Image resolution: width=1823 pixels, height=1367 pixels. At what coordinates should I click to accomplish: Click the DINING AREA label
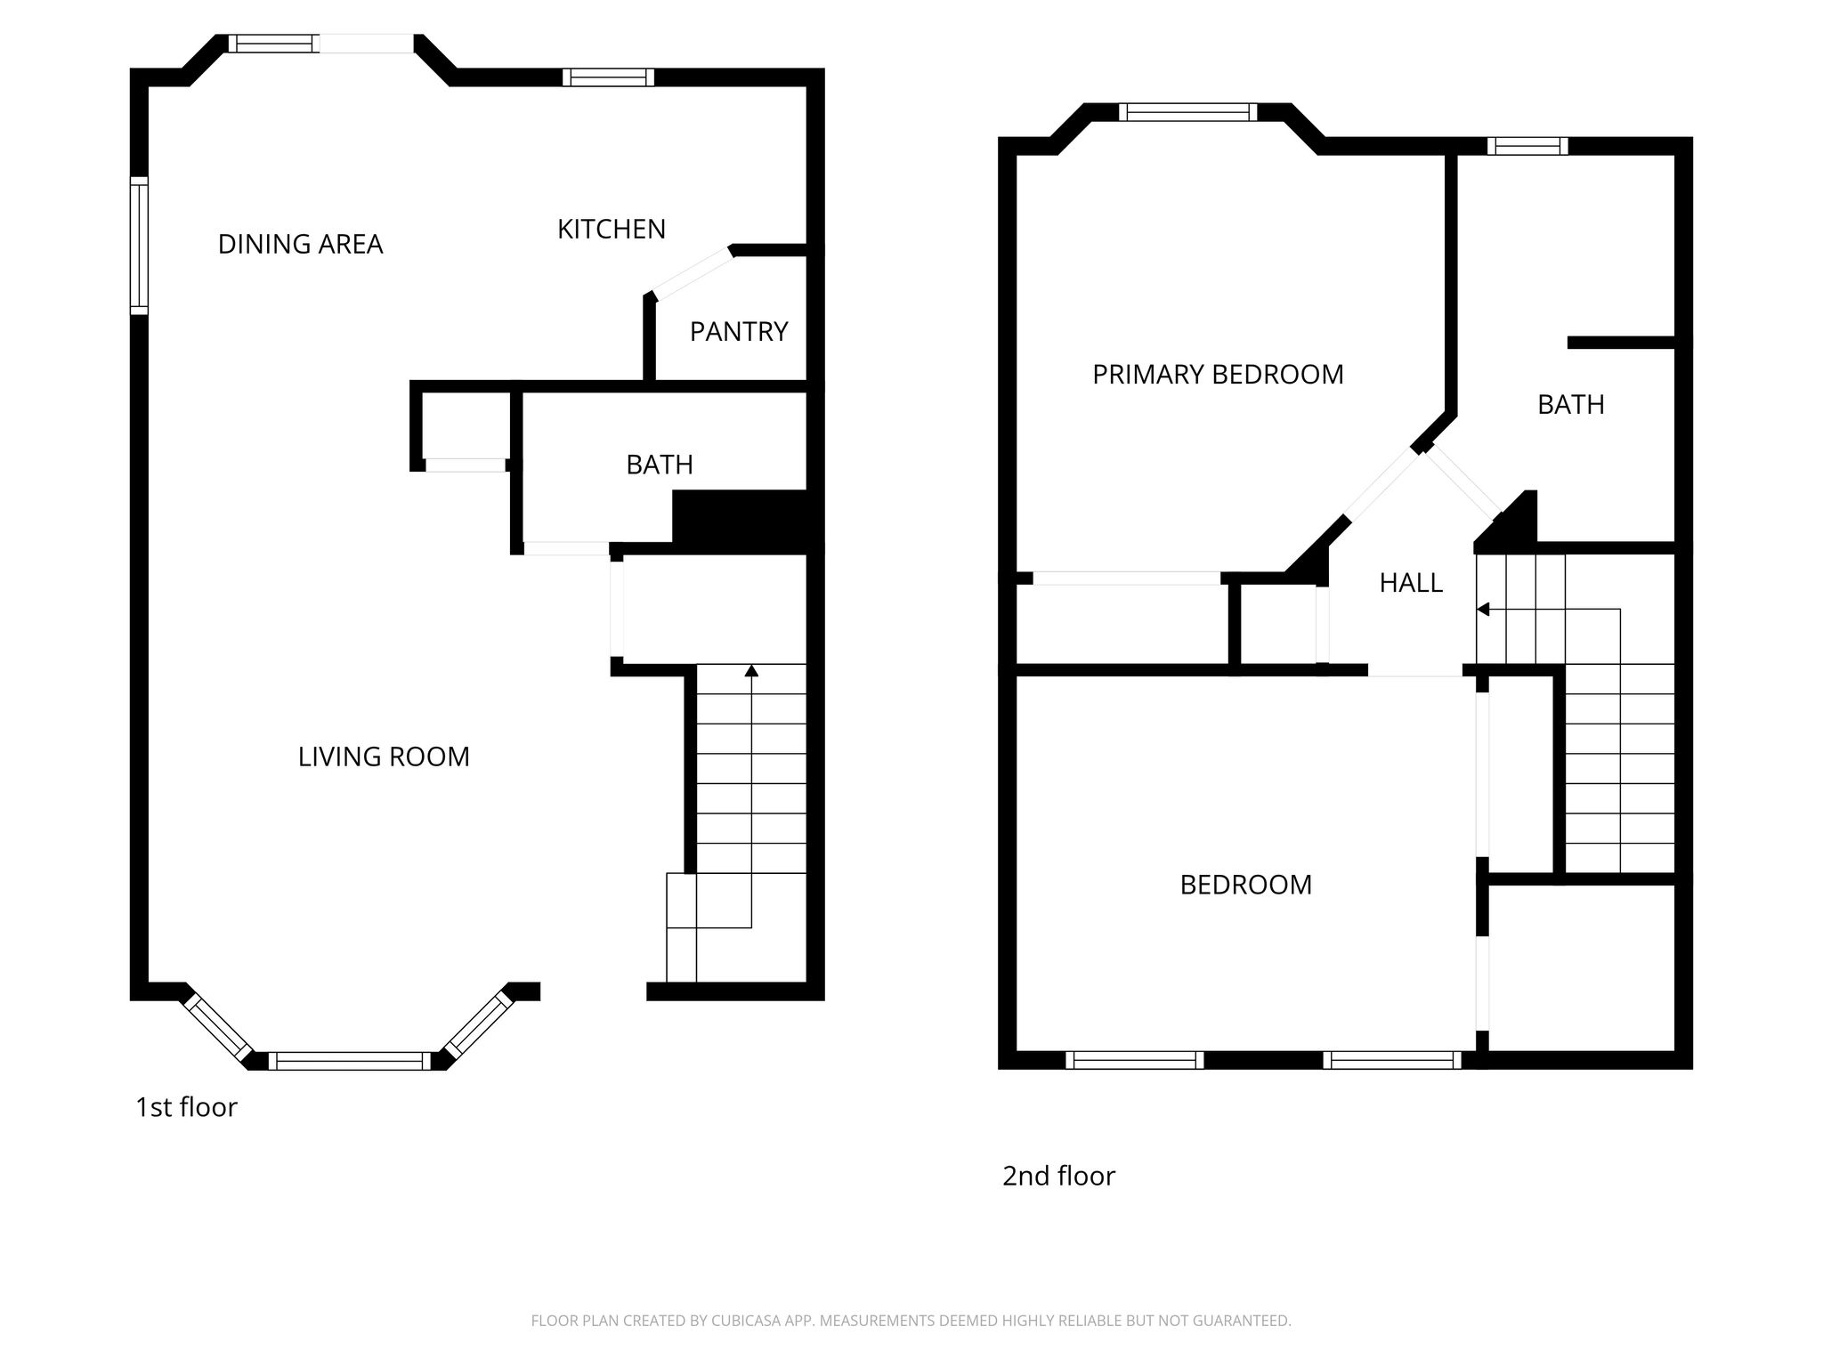(x=300, y=244)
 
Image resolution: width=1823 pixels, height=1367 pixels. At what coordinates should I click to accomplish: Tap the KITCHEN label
(x=612, y=230)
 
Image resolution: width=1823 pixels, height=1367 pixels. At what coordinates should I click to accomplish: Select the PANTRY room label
(x=739, y=332)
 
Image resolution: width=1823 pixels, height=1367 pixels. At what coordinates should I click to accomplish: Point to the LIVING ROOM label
(x=384, y=756)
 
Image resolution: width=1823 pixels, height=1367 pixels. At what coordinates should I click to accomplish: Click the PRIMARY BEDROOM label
(x=1218, y=375)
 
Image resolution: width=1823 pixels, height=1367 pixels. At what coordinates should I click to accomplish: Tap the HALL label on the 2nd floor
(x=1411, y=583)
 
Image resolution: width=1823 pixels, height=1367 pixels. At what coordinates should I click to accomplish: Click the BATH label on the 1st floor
(x=660, y=465)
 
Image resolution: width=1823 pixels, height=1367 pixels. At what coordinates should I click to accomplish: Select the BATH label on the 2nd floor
(x=1571, y=405)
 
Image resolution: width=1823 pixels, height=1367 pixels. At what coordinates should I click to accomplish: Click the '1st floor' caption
(x=186, y=1107)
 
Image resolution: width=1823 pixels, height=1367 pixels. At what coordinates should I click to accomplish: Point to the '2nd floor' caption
(x=1058, y=1176)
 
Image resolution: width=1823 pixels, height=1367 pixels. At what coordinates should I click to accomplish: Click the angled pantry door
(x=693, y=272)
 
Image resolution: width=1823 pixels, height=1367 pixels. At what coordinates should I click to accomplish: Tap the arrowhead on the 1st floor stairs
(x=751, y=670)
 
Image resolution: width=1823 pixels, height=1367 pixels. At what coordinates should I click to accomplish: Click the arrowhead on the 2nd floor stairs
(x=1483, y=610)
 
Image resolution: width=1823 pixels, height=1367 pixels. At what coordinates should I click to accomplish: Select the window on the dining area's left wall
(x=139, y=246)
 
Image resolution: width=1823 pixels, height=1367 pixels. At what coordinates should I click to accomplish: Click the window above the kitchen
(x=608, y=77)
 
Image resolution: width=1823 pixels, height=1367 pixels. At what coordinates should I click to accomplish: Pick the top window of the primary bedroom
(x=1188, y=112)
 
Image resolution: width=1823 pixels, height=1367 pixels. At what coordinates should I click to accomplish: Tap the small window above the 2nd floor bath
(x=1527, y=146)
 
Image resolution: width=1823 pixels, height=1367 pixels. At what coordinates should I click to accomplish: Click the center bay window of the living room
(x=349, y=1061)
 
